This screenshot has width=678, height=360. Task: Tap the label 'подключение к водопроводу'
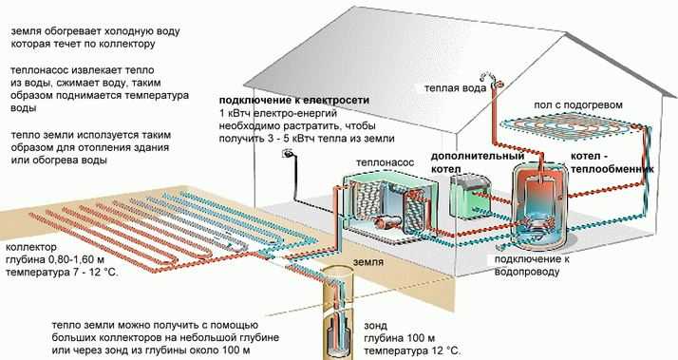(x=532, y=265)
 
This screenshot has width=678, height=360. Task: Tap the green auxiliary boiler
(x=471, y=196)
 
